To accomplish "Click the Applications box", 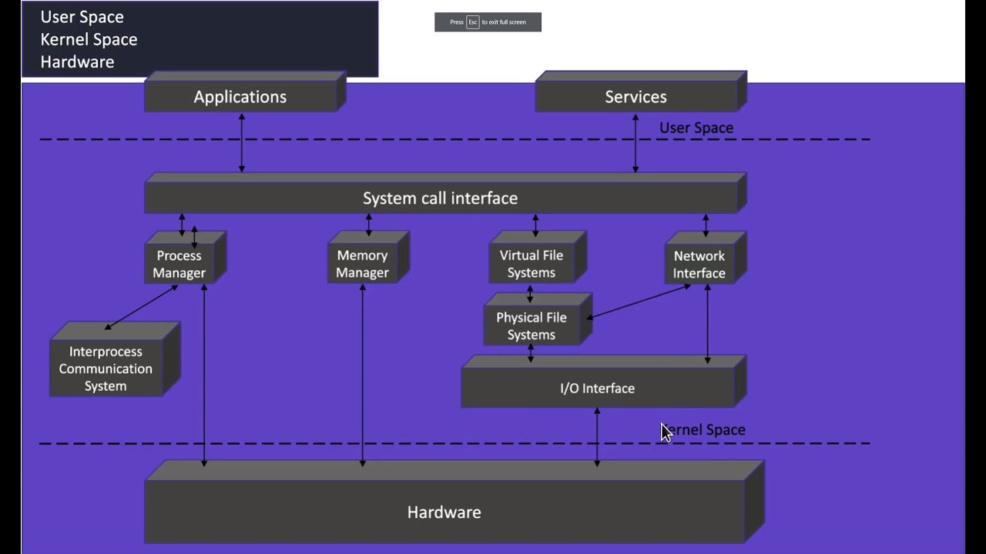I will pyautogui.click(x=240, y=97).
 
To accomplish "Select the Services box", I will pyautogui.click(x=636, y=97).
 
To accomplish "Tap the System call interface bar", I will pyautogui.click(x=440, y=199).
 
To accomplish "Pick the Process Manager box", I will pyautogui.click(x=179, y=264).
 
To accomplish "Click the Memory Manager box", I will pyautogui.click(x=362, y=264).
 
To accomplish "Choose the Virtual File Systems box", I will pyautogui.click(x=532, y=264).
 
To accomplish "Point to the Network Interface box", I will pyautogui.click(x=699, y=264).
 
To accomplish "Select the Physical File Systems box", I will pyautogui.click(x=532, y=326).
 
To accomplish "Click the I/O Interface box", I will pyautogui.click(x=597, y=388).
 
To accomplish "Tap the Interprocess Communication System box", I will pyautogui.click(x=106, y=369).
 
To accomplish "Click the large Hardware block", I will pyautogui.click(x=444, y=512).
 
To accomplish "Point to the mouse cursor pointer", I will pyautogui.click(x=666, y=432).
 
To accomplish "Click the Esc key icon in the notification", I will pyautogui.click(x=473, y=22).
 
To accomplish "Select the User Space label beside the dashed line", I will pyautogui.click(x=696, y=128).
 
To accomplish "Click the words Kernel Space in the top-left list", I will pyautogui.click(x=89, y=39).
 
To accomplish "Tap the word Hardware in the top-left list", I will pyautogui.click(x=77, y=62).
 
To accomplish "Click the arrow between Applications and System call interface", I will pyautogui.click(x=242, y=142).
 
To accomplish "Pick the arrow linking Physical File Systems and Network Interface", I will pyautogui.click(x=639, y=302).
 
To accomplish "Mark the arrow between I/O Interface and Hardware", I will pyautogui.click(x=597, y=436).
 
